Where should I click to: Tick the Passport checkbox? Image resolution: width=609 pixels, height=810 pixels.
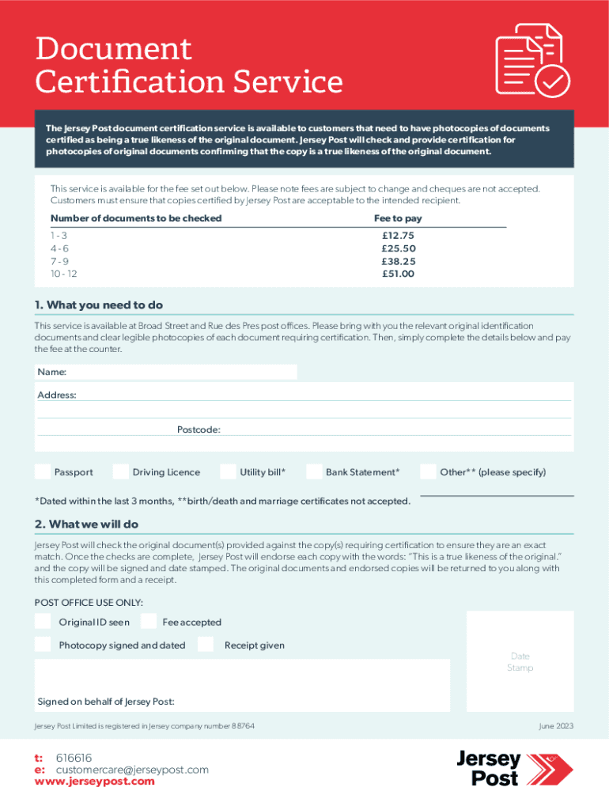43,471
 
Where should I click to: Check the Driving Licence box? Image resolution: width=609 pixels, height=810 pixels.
120,471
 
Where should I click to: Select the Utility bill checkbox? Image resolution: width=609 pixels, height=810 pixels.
228,471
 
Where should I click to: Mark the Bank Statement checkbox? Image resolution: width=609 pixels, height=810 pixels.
314,471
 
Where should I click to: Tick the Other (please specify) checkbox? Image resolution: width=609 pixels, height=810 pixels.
428,471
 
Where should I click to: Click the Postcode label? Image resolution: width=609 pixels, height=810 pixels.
199,430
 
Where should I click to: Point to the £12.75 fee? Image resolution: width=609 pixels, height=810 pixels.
398,236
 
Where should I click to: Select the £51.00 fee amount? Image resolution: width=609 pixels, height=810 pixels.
398,274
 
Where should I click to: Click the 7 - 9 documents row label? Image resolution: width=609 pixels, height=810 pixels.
60,261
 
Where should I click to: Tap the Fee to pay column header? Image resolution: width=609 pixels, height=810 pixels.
398,218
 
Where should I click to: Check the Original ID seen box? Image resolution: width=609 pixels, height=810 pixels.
43,622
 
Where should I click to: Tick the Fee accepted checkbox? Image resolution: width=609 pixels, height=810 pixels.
148,622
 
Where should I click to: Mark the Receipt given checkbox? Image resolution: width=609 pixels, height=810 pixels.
206,645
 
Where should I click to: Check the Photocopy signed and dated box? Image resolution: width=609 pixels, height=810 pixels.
43,645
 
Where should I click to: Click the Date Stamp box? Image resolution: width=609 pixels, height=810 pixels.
520,661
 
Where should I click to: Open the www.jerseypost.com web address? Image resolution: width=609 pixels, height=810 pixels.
95,782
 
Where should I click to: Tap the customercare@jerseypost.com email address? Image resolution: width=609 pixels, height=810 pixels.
131,770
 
